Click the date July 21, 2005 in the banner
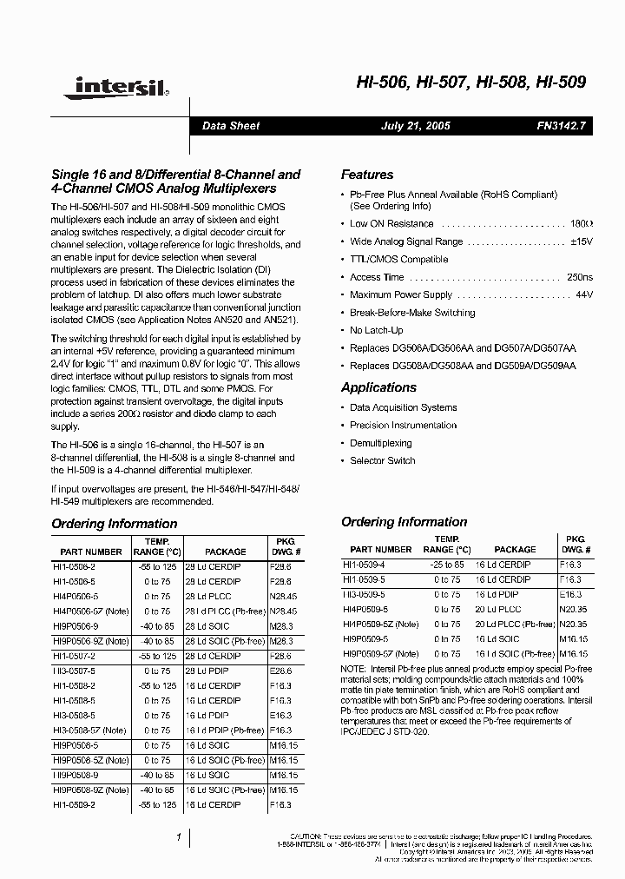pyautogui.click(x=416, y=126)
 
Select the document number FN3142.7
pyautogui.click(x=562, y=126)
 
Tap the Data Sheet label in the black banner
pyautogui.click(x=231, y=126)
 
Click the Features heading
pyautogui.click(x=367, y=175)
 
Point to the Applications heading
pyautogui.click(x=379, y=387)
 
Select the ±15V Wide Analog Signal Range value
pyautogui.click(x=581, y=241)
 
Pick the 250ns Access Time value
pyautogui.click(x=579, y=277)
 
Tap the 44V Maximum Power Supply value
pyautogui.click(x=583, y=295)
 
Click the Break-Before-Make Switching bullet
pyautogui.click(x=412, y=313)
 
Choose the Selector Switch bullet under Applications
pyautogui.click(x=382, y=460)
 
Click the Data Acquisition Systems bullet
pyautogui.click(x=403, y=407)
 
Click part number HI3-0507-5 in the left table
pyautogui.click(x=79, y=671)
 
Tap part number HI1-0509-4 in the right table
pyautogui.click(x=364, y=564)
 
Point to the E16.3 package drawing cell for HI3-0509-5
pyautogui.click(x=569, y=594)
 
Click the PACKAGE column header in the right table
pyautogui.click(x=515, y=550)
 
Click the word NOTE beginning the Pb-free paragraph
pyautogui.click(x=354, y=668)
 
